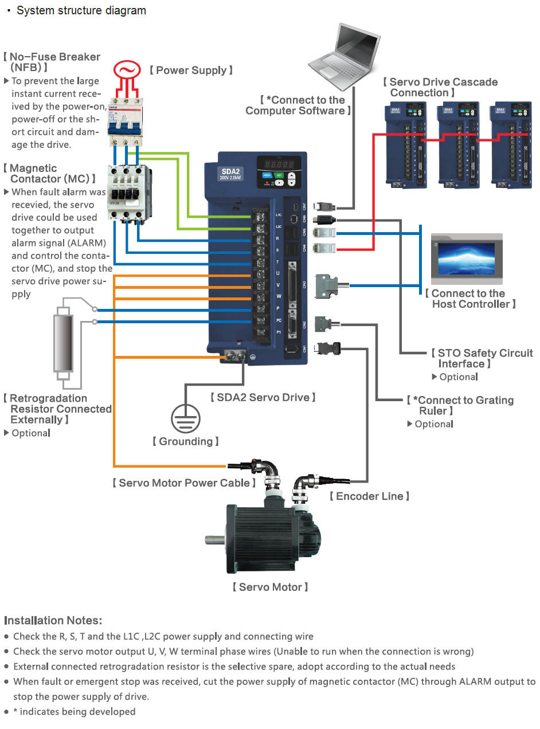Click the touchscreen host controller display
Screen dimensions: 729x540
(466, 258)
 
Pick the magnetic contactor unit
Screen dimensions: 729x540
(128, 192)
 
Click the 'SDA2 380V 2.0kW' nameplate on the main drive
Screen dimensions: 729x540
(230, 174)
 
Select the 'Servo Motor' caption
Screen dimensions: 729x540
(270, 587)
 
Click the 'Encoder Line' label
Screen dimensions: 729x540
(369, 496)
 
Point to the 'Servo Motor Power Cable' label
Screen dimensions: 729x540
(184, 483)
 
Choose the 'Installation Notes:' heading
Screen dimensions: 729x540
(53, 621)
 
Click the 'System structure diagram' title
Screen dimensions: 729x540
(81, 11)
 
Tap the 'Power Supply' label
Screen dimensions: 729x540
(191, 70)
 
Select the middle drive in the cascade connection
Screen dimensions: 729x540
(457, 147)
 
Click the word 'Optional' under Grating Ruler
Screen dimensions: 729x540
(434, 424)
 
